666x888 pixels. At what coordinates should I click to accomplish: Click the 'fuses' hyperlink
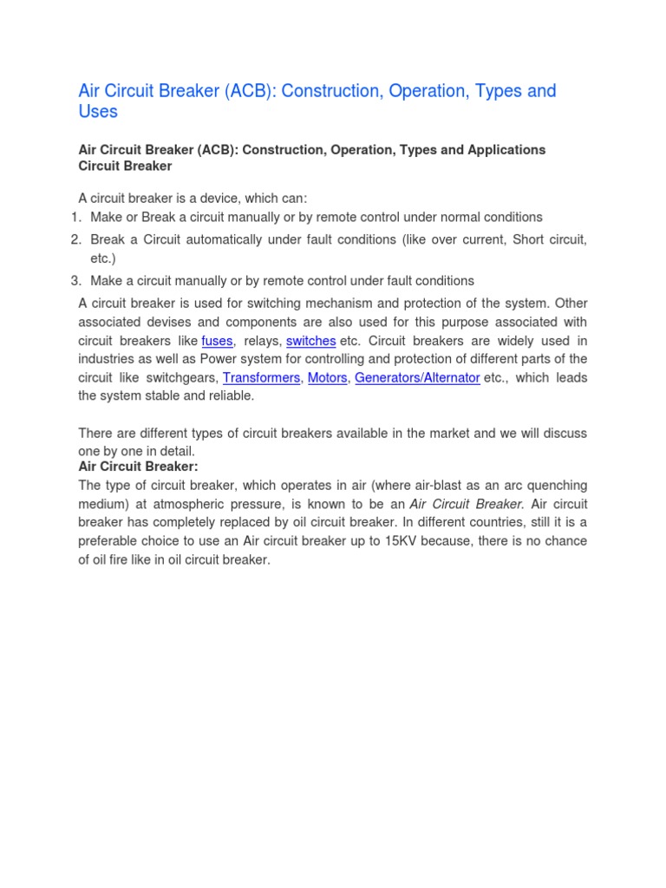pyautogui.click(x=217, y=341)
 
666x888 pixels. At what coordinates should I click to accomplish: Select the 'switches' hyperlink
pyautogui.click(x=310, y=341)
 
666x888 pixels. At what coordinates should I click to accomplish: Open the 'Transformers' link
pyautogui.click(x=261, y=378)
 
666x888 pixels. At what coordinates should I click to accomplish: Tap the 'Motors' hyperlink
pyautogui.click(x=327, y=378)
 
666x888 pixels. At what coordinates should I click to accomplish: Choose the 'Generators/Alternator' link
pyautogui.click(x=417, y=378)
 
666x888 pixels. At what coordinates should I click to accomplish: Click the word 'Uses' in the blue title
pyautogui.click(x=98, y=112)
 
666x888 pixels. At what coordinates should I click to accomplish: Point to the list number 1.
pyautogui.click(x=75, y=217)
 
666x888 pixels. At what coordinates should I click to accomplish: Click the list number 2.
pyautogui.click(x=75, y=239)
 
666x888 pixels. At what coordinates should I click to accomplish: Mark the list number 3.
pyautogui.click(x=75, y=280)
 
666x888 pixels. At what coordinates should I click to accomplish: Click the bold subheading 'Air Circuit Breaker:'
pyautogui.click(x=139, y=467)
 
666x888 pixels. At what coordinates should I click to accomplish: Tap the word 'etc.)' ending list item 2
pyautogui.click(x=103, y=258)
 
